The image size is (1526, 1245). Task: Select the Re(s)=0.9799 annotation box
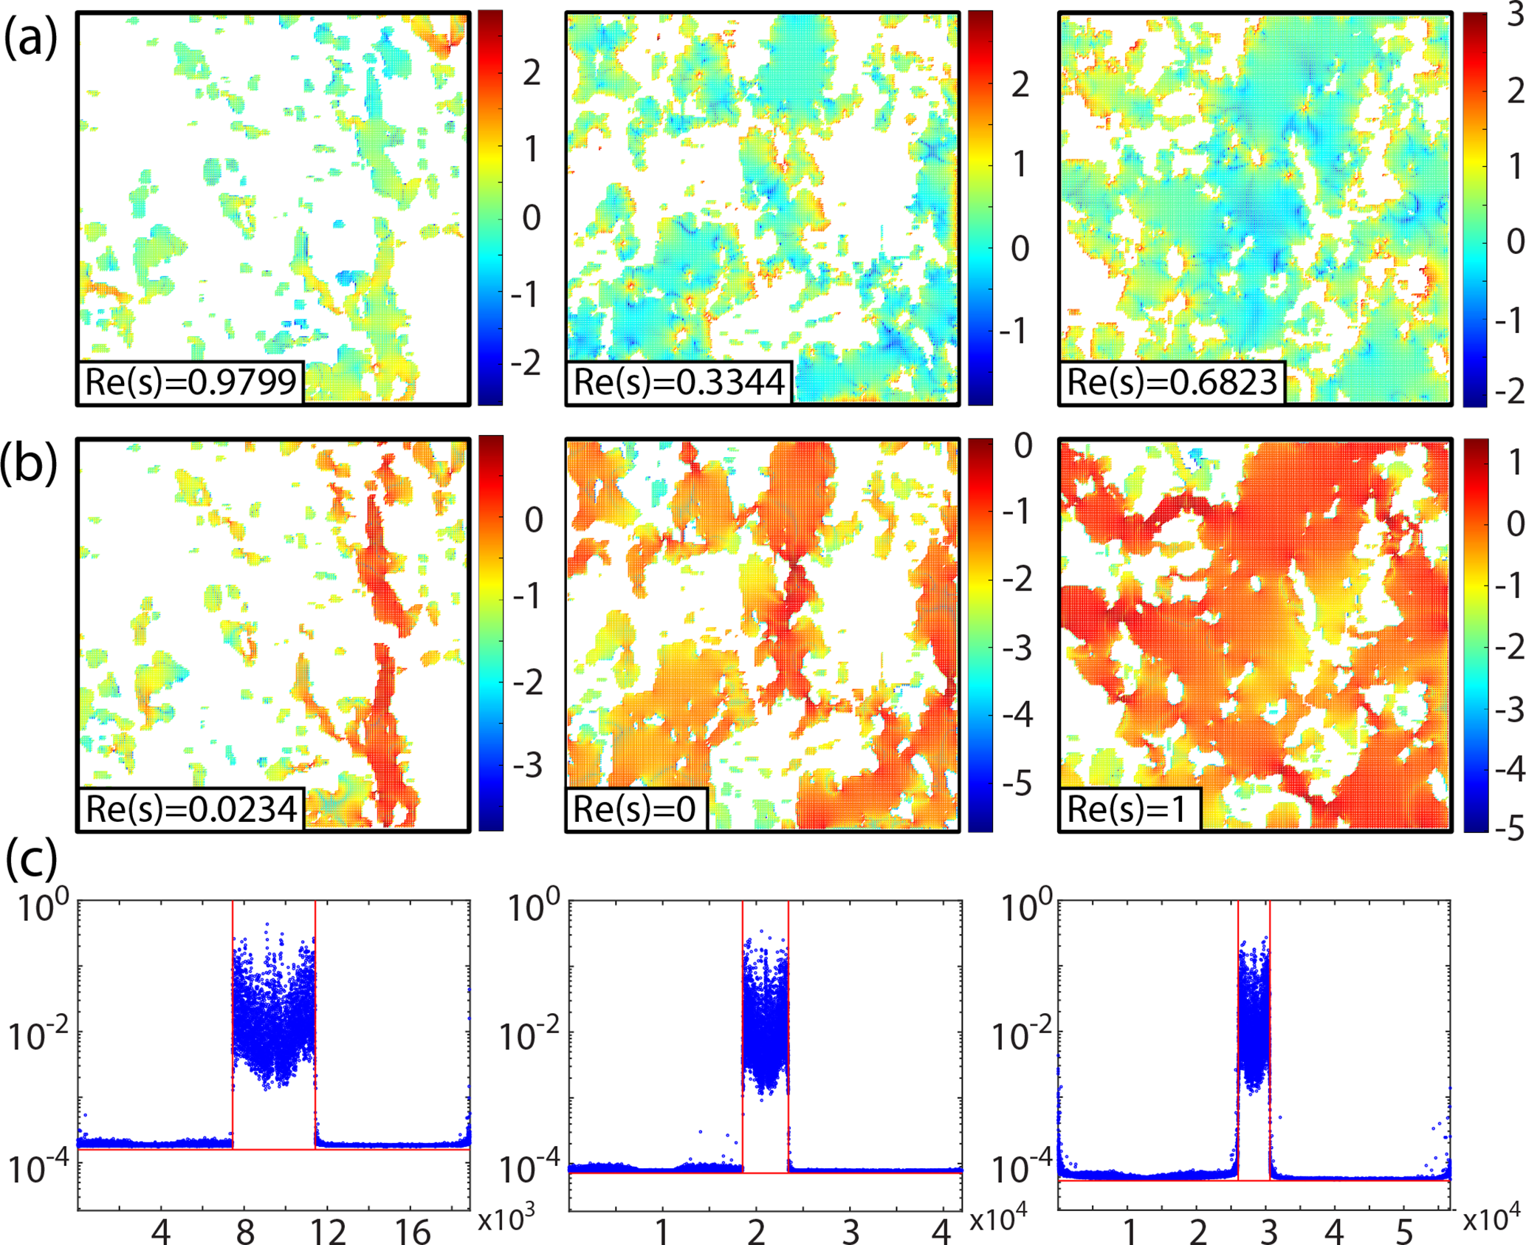coord(190,383)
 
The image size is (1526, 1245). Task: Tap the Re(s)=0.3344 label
coord(678,383)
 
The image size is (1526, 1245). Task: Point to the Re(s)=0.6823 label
coord(1172,383)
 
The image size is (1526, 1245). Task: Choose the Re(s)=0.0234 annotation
coord(190,809)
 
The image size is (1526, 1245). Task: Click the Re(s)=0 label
coord(634,809)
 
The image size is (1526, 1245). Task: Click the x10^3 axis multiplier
coord(506,1221)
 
